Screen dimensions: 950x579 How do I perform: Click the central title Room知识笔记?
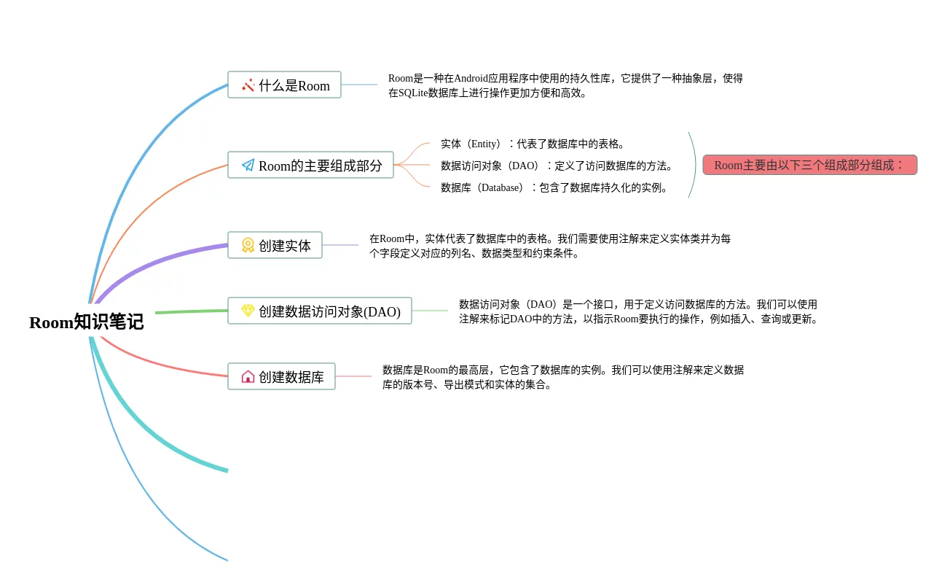pos(87,322)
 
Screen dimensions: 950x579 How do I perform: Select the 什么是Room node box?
pos(284,85)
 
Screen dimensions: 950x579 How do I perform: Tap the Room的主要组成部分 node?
pos(310,165)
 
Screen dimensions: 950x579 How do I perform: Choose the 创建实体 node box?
pos(275,245)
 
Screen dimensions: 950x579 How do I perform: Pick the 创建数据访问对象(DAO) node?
pos(320,311)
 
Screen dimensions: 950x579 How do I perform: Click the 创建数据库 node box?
pos(281,376)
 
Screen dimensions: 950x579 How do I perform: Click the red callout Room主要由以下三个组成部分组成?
pos(809,165)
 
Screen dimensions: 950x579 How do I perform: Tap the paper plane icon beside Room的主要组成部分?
pos(248,165)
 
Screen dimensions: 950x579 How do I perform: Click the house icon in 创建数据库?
pos(248,376)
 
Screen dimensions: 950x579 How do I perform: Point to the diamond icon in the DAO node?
pos(248,311)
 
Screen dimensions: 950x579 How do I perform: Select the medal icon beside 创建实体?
pos(248,245)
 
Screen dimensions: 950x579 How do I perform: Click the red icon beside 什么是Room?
pos(248,85)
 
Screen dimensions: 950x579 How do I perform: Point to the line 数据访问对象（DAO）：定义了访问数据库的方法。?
pos(557,166)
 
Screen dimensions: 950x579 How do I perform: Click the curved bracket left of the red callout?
pos(692,165)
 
